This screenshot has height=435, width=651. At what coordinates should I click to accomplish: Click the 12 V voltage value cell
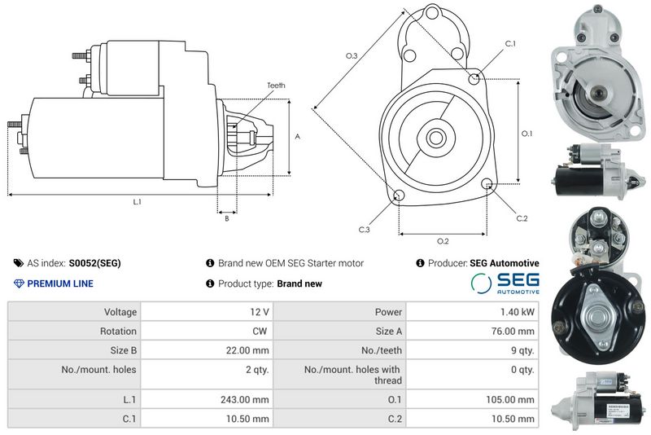[260, 312]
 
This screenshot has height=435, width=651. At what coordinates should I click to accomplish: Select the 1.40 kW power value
[518, 312]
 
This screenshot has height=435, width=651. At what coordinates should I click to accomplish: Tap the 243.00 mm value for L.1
[245, 400]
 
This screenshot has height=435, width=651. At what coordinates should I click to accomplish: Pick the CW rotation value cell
[260, 331]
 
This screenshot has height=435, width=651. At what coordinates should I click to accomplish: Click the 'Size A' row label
[389, 331]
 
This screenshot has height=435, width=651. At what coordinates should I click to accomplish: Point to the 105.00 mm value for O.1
[510, 400]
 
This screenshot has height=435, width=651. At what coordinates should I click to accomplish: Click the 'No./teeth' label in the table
[382, 350]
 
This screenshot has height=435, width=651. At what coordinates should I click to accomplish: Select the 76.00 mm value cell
[513, 331]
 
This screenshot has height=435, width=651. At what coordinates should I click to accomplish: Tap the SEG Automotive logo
[505, 283]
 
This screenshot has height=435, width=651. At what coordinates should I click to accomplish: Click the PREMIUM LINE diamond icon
[19, 283]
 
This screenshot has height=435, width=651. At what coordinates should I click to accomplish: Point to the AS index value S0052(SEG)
[94, 263]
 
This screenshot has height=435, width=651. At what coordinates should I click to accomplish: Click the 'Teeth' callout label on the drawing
[276, 86]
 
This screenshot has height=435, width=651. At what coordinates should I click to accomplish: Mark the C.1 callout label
[510, 44]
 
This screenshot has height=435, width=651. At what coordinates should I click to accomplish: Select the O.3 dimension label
[352, 55]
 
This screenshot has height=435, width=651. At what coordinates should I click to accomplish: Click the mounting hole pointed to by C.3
[399, 196]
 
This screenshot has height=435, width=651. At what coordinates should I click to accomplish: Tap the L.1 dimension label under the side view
[137, 202]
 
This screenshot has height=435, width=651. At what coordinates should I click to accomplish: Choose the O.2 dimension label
[443, 241]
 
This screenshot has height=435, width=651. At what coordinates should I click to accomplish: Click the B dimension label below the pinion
[227, 218]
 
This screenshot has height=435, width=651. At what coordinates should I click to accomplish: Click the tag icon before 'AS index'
[19, 263]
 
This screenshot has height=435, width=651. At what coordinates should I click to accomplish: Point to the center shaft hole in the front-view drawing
[435, 138]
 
